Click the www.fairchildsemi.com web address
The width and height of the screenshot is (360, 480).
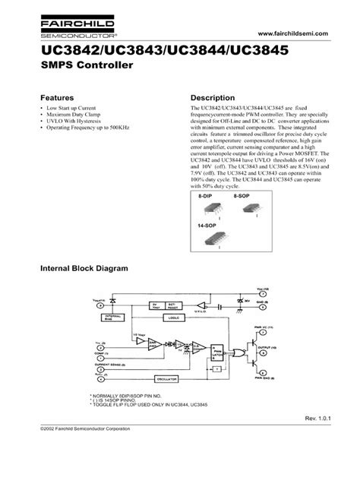(x=291, y=36)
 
